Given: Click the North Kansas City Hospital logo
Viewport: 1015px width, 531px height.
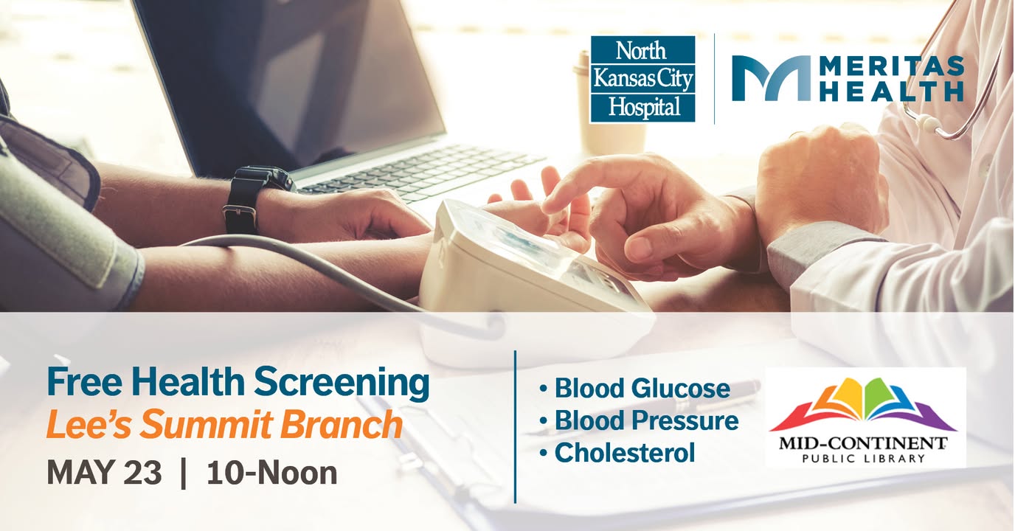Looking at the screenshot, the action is click(x=642, y=80).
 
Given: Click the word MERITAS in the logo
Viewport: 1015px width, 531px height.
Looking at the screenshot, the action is click(x=893, y=66).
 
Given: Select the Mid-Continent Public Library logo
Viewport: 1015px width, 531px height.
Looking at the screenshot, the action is click(x=865, y=417).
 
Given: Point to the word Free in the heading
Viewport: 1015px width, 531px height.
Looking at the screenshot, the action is click(x=84, y=383).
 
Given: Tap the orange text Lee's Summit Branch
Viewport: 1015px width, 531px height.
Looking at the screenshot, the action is click(x=224, y=425).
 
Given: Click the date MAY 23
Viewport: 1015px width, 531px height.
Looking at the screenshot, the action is click(x=104, y=473).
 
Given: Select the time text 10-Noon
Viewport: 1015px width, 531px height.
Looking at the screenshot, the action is click(x=272, y=473).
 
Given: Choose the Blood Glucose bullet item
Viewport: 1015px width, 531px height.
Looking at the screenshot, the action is click(x=635, y=389).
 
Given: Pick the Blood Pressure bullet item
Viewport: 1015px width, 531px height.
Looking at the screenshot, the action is click(x=639, y=420).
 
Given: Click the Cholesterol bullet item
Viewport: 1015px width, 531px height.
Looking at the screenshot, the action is click(x=617, y=452).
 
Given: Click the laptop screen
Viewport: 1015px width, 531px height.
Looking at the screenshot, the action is click(x=290, y=82).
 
